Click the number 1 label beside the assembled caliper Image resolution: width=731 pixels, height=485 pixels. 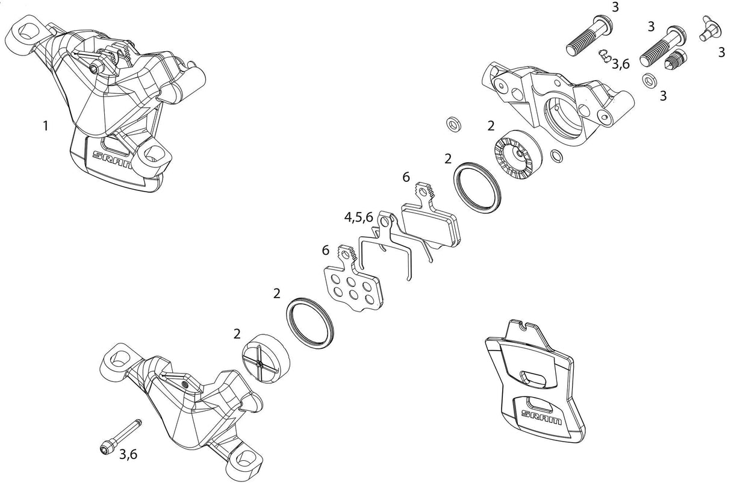pos(46,126)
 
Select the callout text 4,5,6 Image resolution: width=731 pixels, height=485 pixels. pos(358,217)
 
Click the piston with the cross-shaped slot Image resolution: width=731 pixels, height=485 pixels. pos(267,358)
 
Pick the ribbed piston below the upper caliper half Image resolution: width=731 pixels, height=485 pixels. pos(518,155)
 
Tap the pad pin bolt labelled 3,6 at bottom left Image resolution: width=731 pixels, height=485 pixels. pos(120,436)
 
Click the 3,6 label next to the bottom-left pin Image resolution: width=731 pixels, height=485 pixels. pos(128,454)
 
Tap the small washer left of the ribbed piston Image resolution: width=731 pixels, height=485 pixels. pos(453,124)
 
